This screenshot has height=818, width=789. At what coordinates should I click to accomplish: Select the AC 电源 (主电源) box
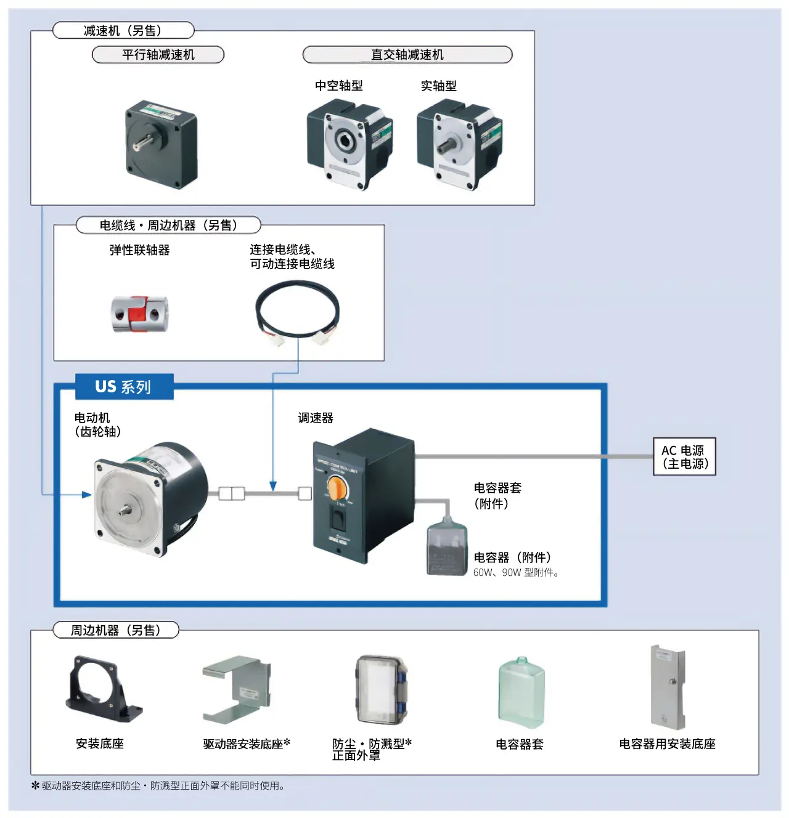(x=684, y=457)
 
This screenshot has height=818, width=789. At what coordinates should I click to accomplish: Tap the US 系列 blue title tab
(x=124, y=387)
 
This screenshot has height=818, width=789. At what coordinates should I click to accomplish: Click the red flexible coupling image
(x=139, y=314)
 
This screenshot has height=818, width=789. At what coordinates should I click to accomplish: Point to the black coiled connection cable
(x=297, y=311)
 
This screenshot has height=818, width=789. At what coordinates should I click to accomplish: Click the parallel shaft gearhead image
(x=161, y=145)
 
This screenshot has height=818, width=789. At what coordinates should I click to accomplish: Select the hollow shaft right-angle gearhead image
(x=349, y=145)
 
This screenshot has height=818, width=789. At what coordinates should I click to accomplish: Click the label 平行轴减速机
(x=158, y=55)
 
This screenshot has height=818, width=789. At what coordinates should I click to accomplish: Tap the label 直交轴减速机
(x=407, y=55)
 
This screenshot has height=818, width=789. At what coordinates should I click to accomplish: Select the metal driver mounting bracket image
(x=237, y=690)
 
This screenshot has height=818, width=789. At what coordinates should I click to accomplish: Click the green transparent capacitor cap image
(x=521, y=692)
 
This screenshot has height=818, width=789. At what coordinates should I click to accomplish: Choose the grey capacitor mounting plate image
(x=668, y=687)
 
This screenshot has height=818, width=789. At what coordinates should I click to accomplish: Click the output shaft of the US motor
(x=126, y=509)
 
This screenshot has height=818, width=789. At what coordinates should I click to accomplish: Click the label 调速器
(x=316, y=418)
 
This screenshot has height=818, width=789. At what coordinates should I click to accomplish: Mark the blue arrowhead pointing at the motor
(x=87, y=495)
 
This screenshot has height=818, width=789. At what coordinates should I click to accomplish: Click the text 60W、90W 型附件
(x=516, y=573)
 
